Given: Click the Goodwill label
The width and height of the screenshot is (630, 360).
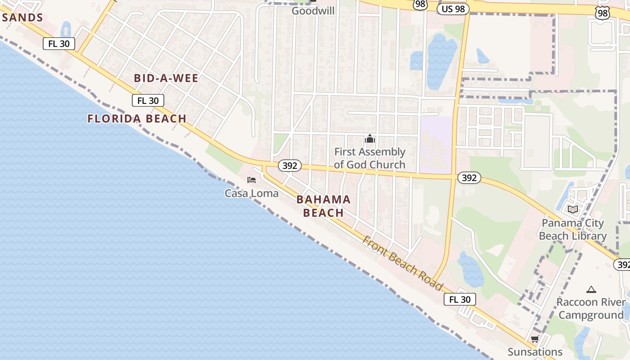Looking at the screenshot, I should pyautogui.click(x=313, y=10).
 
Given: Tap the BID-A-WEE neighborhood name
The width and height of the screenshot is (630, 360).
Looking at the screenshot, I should pyautogui.click(x=166, y=78).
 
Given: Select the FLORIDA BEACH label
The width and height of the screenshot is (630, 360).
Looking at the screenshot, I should pyautogui.click(x=137, y=119).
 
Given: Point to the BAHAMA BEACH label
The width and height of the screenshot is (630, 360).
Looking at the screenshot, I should pyautogui.click(x=324, y=206).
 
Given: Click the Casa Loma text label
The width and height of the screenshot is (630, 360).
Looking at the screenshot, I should pyautogui.click(x=252, y=193).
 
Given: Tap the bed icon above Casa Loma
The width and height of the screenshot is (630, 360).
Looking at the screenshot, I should pyautogui.click(x=252, y=180).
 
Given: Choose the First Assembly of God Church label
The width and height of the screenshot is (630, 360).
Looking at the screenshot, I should pyautogui.click(x=370, y=158).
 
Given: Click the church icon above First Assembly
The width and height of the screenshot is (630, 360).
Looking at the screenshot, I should pyautogui.click(x=370, y=139).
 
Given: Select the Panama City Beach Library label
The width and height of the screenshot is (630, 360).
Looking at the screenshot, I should pyautogui.click(x=573, y=229).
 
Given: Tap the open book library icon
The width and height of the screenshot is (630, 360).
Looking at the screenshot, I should pyautogui.click(x=573, y=209).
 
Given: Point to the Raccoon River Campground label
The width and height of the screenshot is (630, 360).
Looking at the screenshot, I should pyautogui.click(x=591, y=308).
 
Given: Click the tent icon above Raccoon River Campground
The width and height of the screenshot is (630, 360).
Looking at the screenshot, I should pyautogui.click(x=591, y=289).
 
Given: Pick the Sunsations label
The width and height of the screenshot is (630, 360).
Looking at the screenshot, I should pyautogui.click(x=535, y=352).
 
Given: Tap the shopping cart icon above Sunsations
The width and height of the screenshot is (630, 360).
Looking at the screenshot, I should pyautogui.click(x=535, y=339).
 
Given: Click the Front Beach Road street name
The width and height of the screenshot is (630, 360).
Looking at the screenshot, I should pyautogui.click(x=403, y=263).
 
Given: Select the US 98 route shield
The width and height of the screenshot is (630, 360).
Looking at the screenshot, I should pyautogui.click(x=453, y=9).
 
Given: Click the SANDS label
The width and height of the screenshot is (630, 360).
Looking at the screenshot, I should pyautogui.click(x=22, y=18).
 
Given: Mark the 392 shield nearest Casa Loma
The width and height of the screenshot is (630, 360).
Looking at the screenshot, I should pyautogui.click(x=290, y=166).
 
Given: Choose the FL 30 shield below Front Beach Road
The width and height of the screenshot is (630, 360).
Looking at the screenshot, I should pyautogui.click(x=459, y=299).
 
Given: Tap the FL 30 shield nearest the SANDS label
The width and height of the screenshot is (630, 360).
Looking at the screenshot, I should pyautogui.click(x=59, y=44).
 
